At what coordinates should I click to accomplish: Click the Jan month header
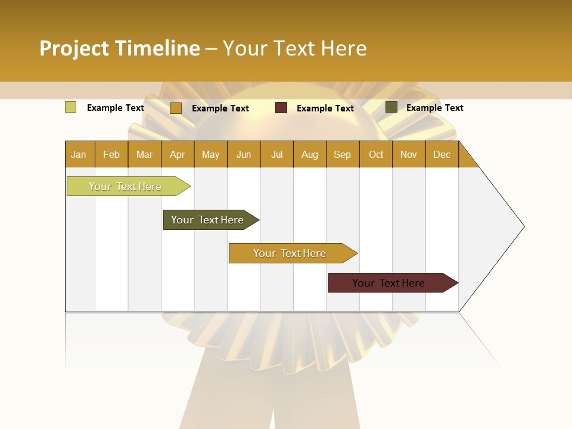coord(79,154)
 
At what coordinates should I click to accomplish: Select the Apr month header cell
coord(178,154)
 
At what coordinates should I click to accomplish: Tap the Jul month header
coord(276,154)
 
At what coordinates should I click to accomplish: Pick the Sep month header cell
coord(343,154)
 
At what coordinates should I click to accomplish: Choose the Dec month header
coord(442,154)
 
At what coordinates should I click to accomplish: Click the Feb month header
coord(111,154)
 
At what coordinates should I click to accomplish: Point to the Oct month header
coord(376,154)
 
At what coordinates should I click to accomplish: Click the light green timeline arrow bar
coord(126,186)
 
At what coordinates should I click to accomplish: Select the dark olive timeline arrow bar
coord(208,220)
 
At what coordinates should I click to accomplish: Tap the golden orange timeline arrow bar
coord(290,253)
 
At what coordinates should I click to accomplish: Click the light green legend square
coord(70,107)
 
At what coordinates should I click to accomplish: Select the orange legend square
coord(175,108)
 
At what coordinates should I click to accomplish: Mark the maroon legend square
coord(281,108)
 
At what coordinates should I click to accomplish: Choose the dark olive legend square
coord(391,107)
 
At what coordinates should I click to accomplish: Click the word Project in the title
coord(74,48)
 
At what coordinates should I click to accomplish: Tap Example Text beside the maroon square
coord(325,108)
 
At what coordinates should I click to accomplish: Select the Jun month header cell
coord(244,154)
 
